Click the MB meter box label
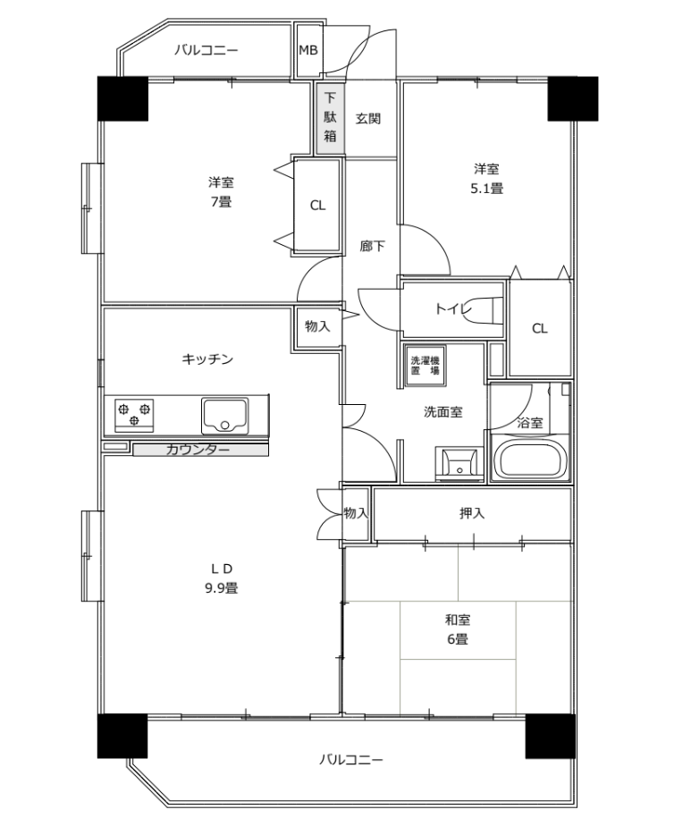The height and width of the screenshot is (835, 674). tap(308, 51)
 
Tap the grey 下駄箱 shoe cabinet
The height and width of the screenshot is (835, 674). tap(330, 118)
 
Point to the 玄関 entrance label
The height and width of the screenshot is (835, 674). tap(368, 118)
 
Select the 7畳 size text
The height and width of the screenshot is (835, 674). tap(221, 202)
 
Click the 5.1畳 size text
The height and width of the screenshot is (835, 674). tap(486, 188)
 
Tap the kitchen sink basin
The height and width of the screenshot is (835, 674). tap(224, 416)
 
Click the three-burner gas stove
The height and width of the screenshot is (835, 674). tap(134, 415)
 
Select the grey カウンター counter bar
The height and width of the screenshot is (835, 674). tap(201, 450)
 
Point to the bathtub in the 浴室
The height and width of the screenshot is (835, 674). tap(530, 458)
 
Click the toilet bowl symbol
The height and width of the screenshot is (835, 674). tap(486, 309)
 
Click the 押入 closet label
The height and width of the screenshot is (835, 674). tap(472, 513)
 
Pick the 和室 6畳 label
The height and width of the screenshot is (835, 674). tap(458, 628)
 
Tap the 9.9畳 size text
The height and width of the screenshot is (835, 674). tap(221, 588)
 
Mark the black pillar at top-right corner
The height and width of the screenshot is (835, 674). tap(573, 99)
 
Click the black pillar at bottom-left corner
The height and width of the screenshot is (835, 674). tap(122, 736)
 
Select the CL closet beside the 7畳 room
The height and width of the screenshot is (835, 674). tap(317, 206)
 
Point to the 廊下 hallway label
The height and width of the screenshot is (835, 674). tap(372, 246)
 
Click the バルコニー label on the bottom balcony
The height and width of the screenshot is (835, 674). tap(350, 759)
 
